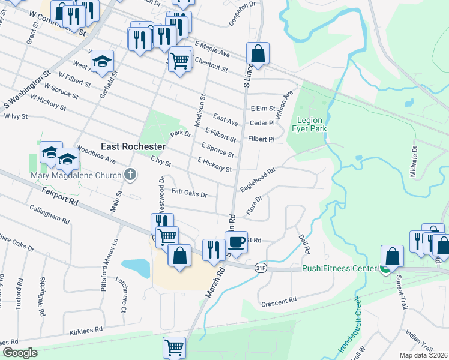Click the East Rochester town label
coord(133,146)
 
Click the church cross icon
coord(130,175)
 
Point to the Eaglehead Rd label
coord(258,178)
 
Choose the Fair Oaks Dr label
coord(189,194)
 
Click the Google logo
coord(20,353)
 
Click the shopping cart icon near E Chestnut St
coord(180,59)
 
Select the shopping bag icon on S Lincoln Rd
coord(257,53)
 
